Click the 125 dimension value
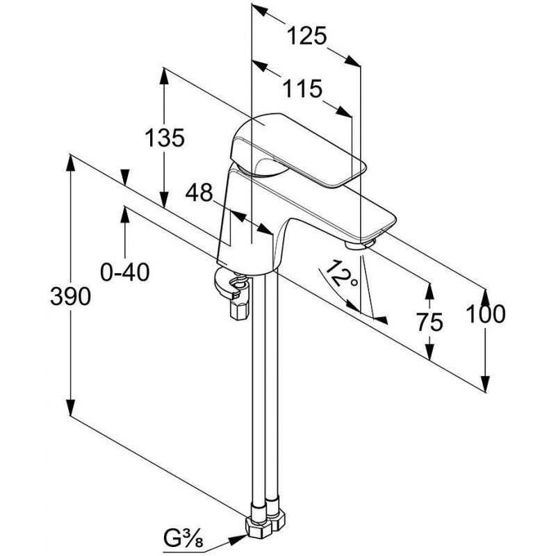tap(306, 36)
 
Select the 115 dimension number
tap(302, 89)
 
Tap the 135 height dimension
tap(165, 138)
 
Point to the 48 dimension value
tap(199, 193)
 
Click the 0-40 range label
tap(125, 272)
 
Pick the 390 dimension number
tap(70, 297)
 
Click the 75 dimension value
tap(430, 322)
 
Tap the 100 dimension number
tap(485, 314)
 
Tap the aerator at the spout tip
tap(359, 245)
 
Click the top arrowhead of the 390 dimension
tap(71, 164)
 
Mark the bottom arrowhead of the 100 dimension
tap(485, 383)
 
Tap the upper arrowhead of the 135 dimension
tap(164, 76)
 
